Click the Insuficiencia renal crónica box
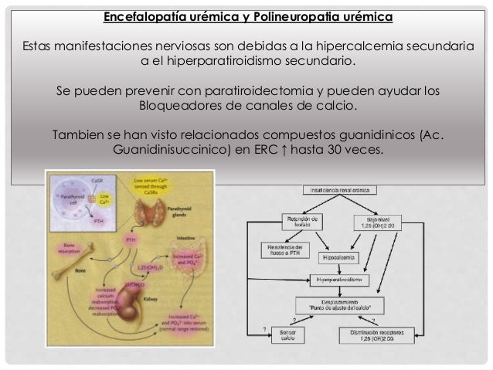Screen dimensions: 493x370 [348, 188]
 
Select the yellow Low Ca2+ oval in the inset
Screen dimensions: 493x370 [105, 202]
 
